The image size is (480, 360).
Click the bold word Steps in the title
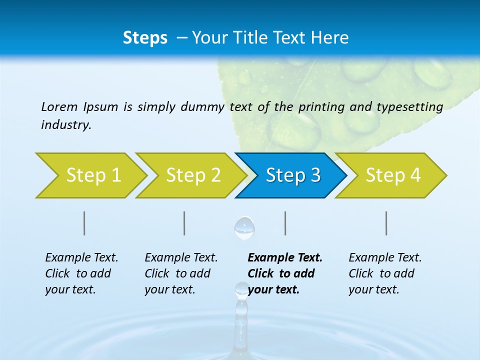tap(145, 38)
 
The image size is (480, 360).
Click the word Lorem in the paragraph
tap(59, 106)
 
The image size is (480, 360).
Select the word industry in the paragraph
tap(65, 125)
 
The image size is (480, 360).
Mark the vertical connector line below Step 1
tap(84, 223)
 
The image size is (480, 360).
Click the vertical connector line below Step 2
tap(184, 223)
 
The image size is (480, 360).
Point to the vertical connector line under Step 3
tap(285, 223)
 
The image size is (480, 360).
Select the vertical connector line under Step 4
tap(386, 223)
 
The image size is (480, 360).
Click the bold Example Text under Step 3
tap(285, 258)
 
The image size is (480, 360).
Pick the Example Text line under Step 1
tap(81, 258)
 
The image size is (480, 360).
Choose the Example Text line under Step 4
tap(385, 258)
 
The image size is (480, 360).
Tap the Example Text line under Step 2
tap(181, 258)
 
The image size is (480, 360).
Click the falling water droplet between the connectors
tap(244, 227)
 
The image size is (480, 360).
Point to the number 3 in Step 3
tap(315, 175)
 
